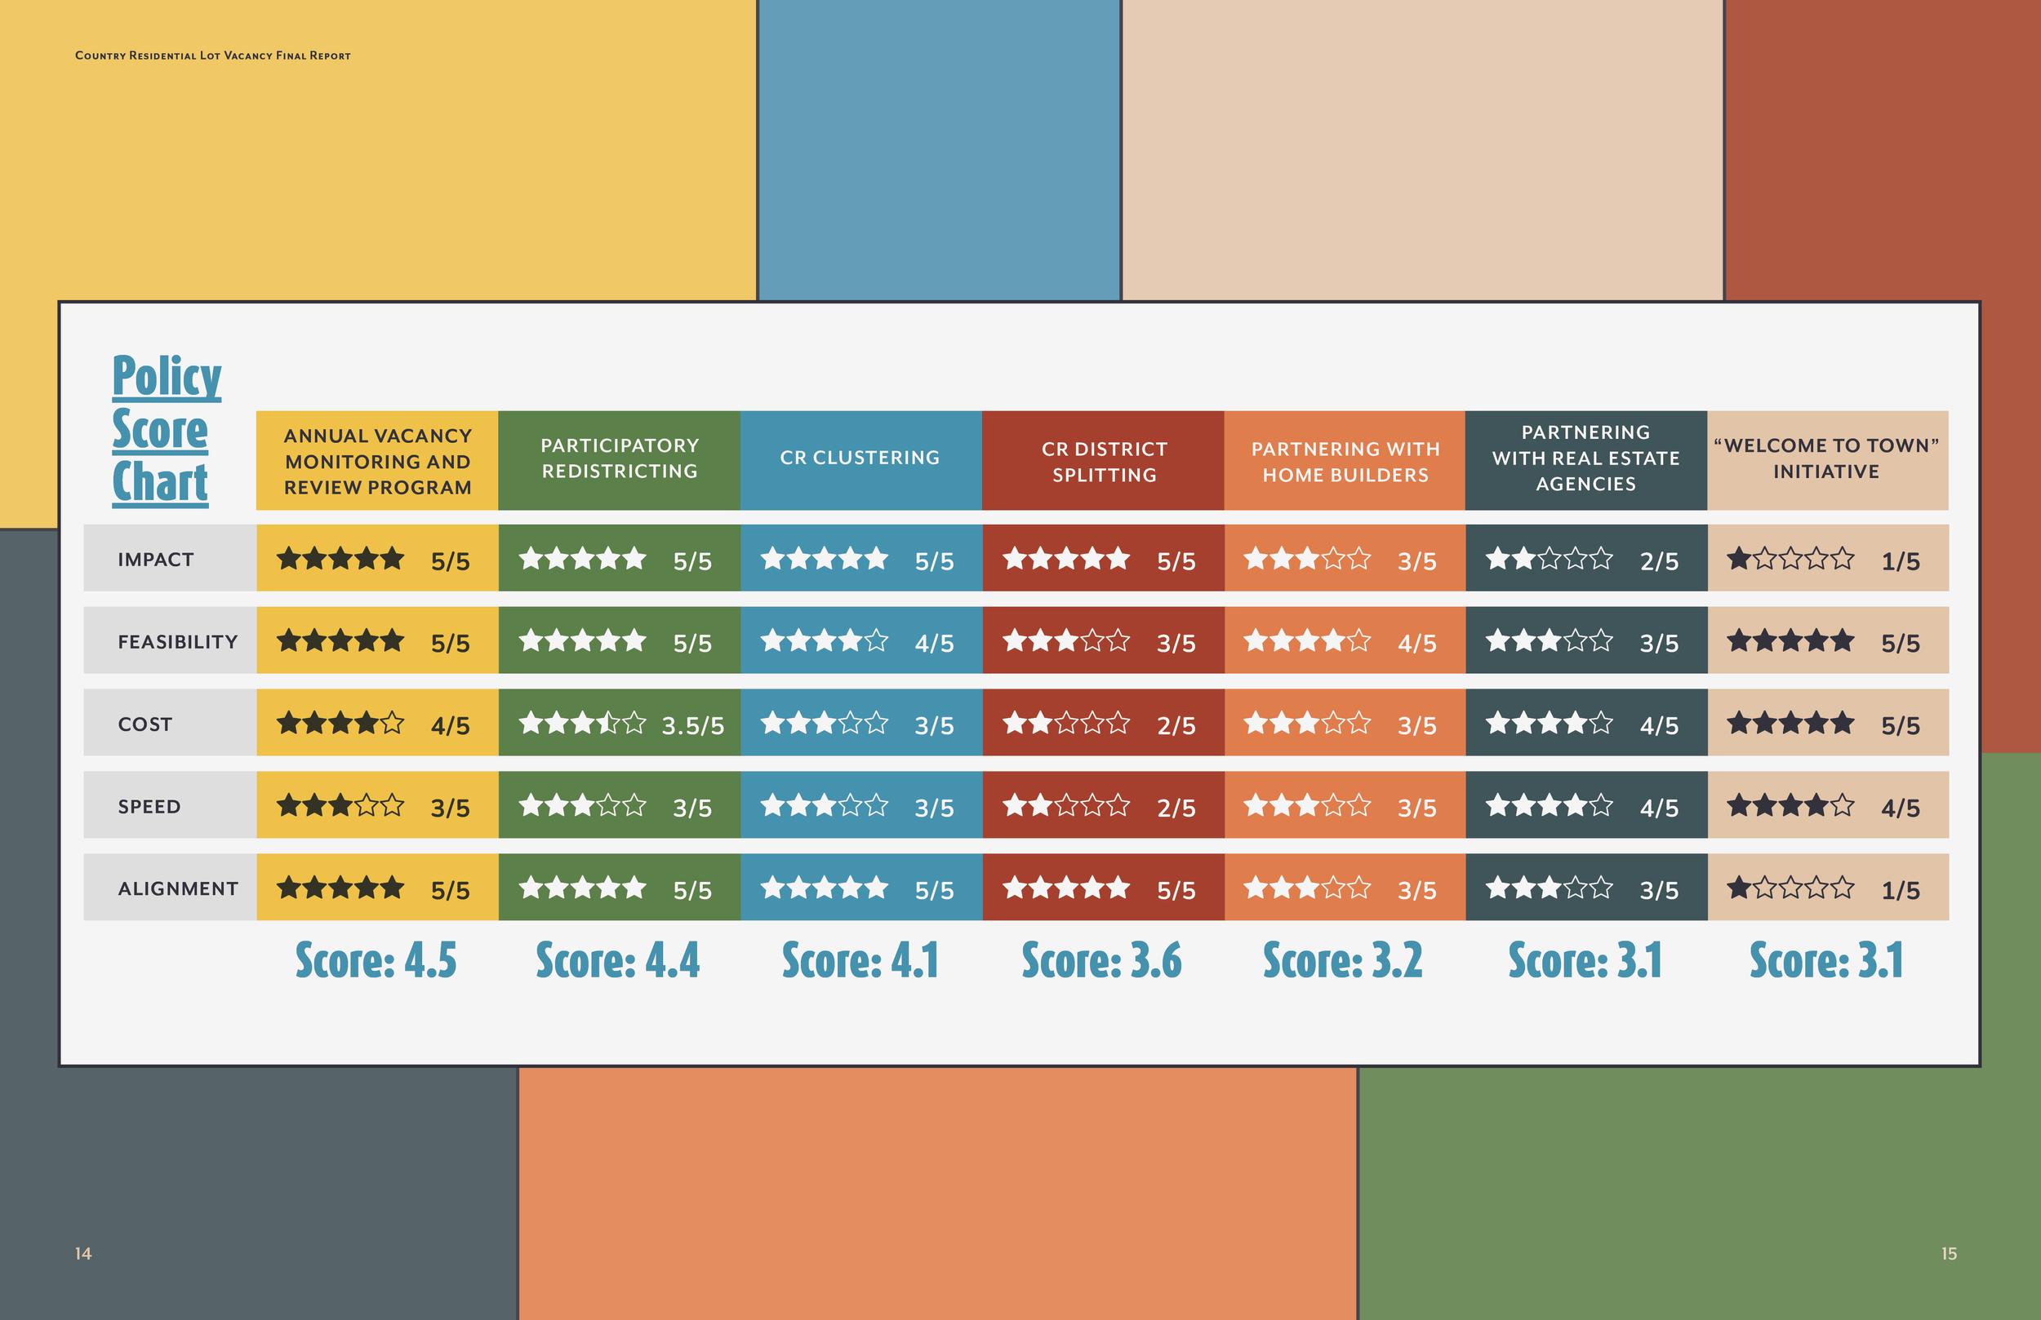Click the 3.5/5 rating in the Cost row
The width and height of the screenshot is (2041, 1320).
click(693, 725)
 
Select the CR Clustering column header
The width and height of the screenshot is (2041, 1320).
click(860, 458)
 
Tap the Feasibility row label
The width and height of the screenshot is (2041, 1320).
click(177, 642)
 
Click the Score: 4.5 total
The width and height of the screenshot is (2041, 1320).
click(376, 960)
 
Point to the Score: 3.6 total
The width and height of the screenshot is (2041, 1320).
click(1101, 960)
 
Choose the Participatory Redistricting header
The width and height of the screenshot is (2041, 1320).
click(619, 458)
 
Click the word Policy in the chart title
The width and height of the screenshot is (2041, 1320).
click(167, 376)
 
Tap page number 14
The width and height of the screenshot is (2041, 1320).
click(83, 1253)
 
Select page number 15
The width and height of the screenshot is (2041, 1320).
click(1950, 1253)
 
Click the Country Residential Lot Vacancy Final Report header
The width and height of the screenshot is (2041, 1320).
click(213, 55)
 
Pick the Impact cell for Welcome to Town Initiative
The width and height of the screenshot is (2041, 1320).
click(1826, 559)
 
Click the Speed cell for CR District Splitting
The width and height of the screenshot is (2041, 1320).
click(1102, 806)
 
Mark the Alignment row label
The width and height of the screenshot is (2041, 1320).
click(177, 889)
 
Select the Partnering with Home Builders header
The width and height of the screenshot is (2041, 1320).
click(1345, 461)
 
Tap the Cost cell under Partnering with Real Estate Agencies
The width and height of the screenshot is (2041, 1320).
click(1585, 724)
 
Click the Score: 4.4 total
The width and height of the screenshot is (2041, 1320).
click(617, 960)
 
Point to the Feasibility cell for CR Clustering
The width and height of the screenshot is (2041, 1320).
click(860, 641)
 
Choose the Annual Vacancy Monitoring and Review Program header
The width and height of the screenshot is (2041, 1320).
click(377, 461)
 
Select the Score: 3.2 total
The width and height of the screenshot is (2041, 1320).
click(1342, 960)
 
